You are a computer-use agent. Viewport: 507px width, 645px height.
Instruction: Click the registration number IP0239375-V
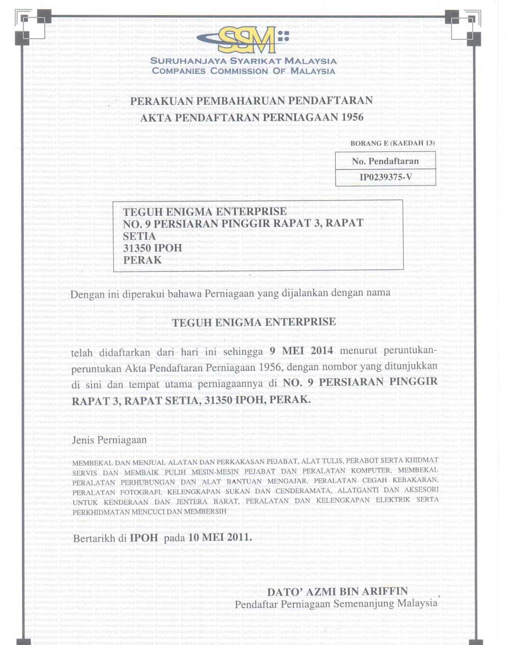(x=385, y=177)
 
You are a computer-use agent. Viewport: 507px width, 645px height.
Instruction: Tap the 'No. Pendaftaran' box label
(x=385, y=161)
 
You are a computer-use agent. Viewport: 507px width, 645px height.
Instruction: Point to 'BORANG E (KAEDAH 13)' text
(x=392, y=143)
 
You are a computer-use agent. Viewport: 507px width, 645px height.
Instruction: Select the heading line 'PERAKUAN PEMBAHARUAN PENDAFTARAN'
(x=251, y=101)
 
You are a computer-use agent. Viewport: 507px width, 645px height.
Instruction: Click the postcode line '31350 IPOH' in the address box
(x=153, y=248)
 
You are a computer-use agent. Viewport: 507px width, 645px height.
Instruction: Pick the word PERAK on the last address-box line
(x=142, y=260)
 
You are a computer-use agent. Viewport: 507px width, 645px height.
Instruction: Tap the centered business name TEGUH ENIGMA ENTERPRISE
(x=254, y=322)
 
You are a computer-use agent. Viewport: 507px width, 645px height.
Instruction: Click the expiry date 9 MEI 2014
(x=301, y=351)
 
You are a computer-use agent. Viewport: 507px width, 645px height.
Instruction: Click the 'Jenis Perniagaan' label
(x=110, y=439)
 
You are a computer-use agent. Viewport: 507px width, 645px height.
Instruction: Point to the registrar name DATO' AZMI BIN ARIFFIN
(x=338, y=591)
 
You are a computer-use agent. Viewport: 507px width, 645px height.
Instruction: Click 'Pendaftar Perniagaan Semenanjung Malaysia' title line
(x=336, y=604)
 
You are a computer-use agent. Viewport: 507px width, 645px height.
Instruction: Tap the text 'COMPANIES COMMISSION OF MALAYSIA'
(x=244, y=71)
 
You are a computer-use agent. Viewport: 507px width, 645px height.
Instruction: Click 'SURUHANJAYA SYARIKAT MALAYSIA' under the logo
(x=244, y=61)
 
